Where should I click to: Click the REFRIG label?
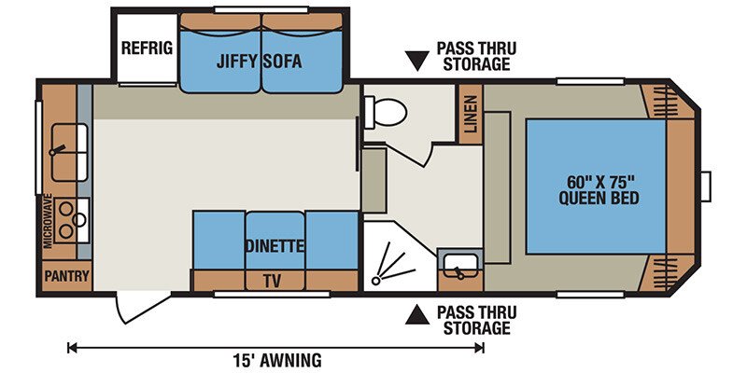tap(147, 48)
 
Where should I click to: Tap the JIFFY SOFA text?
tap(260, 62)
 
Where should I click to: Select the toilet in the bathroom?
tap(386, 112)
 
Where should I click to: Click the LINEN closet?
tap(471, 114)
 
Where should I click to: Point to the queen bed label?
tap(599, 190)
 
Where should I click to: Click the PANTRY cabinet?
tap(66, 276)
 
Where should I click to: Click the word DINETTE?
tap(275, 246)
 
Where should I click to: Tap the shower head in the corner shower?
tap(376, 281)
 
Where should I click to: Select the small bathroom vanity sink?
tap(460, 269)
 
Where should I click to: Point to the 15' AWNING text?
tap(276, 359)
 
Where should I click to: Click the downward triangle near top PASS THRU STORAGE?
tap(417, 60)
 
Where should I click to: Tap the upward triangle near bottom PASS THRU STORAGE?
tap(416, 315)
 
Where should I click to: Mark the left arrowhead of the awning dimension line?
tap(72, 348)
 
